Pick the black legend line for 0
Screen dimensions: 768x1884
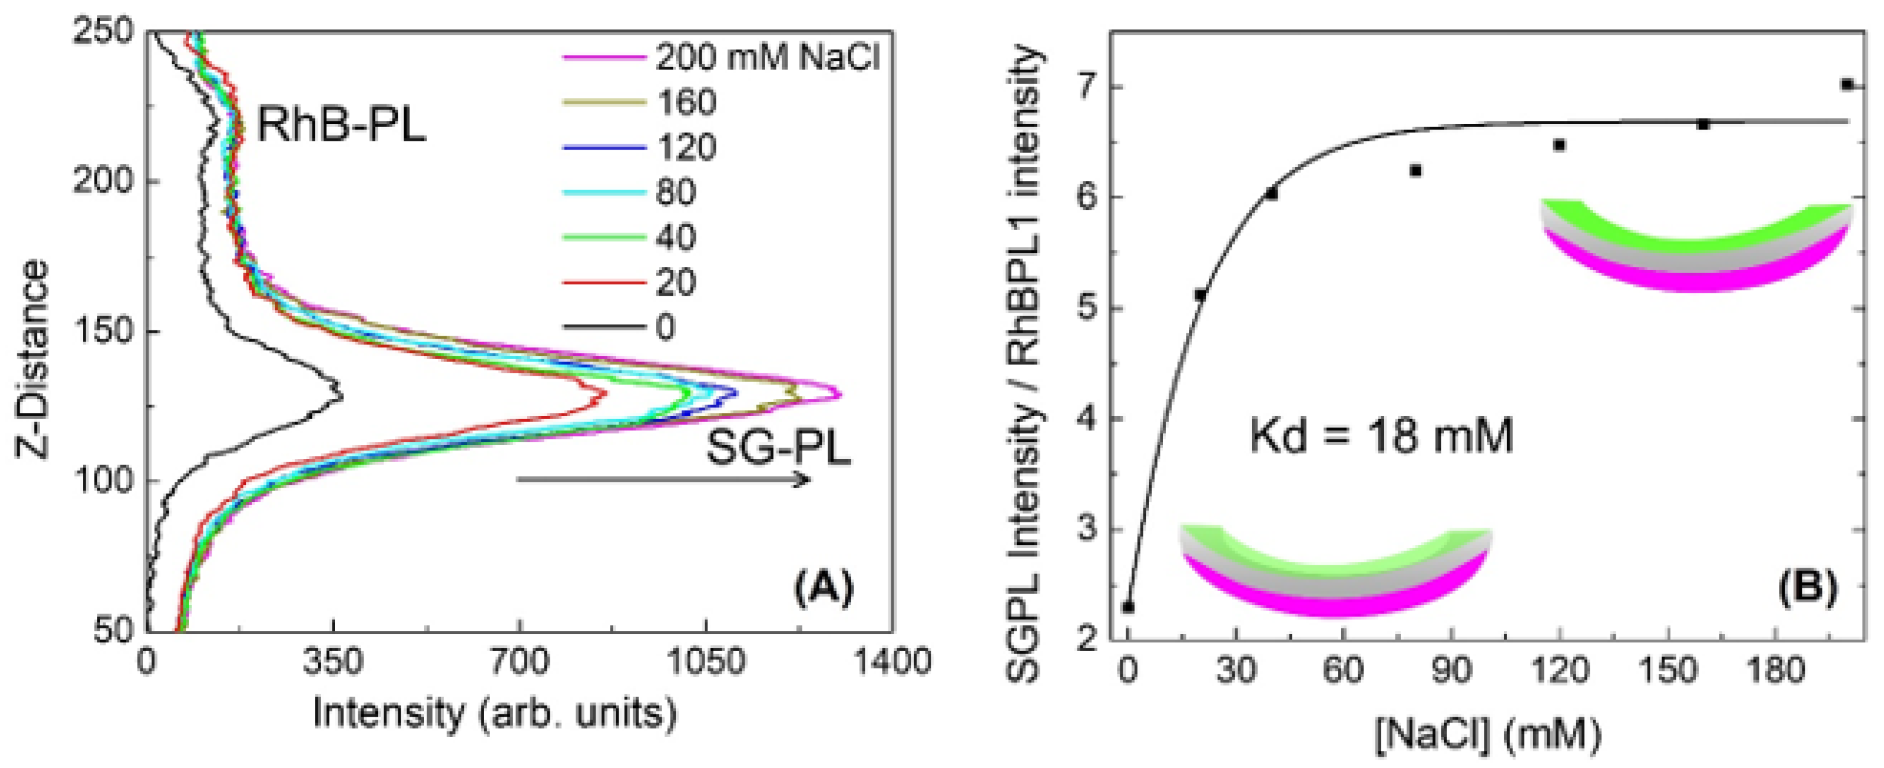(x=604, y=327)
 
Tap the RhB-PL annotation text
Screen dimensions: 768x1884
(x=341, y=126)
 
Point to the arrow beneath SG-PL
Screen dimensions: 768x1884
(x=662, y=480)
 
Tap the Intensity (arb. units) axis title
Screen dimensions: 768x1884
(x=495, y=713)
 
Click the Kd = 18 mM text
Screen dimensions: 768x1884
(x=1381, y=436)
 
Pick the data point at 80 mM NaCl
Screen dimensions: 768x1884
(x=1415, y=171)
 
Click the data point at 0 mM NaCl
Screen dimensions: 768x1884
(x=1129, y=607)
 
